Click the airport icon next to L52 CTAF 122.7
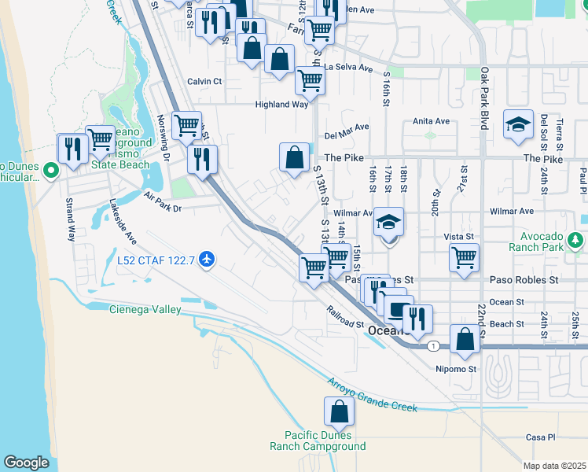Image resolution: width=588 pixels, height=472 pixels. click(207, 259)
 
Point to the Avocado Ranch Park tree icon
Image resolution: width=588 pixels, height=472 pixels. click(575, 238)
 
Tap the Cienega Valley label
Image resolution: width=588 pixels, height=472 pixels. click(145, 309)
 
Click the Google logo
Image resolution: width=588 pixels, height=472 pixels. click(27, 463)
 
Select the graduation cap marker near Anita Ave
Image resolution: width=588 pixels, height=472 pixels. click(518, 125)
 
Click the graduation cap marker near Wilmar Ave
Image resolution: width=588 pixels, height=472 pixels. click(388, 223)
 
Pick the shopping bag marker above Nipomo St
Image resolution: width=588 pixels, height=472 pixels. click(465, 340)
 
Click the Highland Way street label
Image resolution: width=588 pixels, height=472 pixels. click(281, 104)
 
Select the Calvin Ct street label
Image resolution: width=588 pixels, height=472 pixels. click(204, 81)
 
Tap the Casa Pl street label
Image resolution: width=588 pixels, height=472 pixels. click(541, 437)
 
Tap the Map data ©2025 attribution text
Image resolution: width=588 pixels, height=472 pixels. click(554, 466)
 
